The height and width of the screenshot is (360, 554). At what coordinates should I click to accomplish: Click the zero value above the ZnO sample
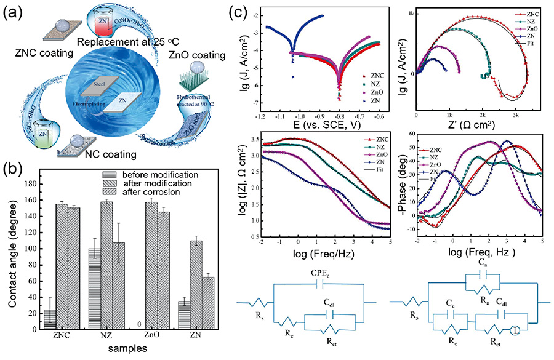point(141,324)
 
